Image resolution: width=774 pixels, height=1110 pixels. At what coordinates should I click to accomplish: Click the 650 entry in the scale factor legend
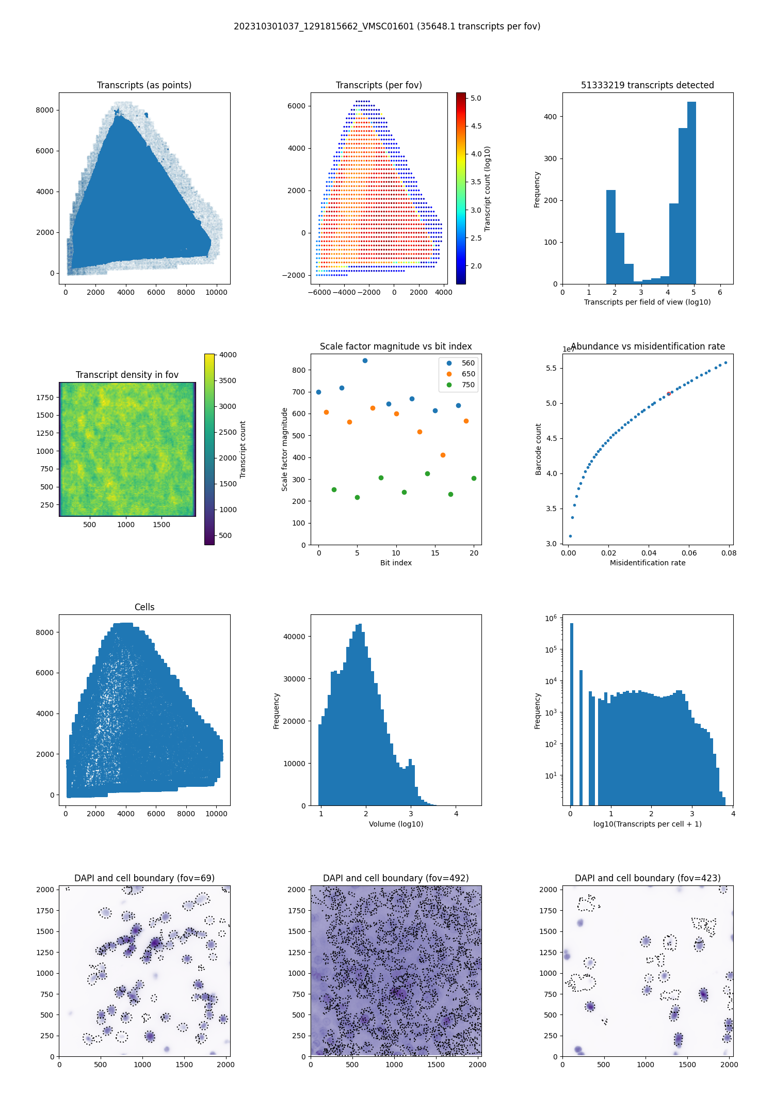tap(468, 374)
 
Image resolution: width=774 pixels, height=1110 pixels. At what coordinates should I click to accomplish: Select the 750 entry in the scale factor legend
tap(468, 385)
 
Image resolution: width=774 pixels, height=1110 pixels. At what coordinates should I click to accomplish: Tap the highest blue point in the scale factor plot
tap(365, 360)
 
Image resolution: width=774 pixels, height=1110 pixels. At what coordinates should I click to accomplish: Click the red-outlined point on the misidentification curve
tap(669, 393)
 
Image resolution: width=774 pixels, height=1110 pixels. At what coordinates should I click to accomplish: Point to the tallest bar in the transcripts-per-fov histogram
tap(691, 193)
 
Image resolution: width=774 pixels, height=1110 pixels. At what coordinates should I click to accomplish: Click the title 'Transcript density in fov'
tap(127, 375)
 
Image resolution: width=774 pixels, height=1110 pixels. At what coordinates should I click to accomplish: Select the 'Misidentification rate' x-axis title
tap(648, 563)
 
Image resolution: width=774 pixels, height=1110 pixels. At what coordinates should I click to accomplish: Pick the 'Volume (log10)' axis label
tap(396, 824)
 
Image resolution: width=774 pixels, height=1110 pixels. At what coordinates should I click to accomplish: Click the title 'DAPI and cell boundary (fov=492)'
tap(396, 878)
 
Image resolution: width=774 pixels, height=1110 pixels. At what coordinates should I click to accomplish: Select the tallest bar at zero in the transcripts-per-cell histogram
tap(571, 712)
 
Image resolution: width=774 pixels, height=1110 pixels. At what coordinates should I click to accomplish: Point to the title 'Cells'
tap(144, 607)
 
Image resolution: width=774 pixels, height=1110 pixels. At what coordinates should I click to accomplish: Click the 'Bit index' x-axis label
tap(396, 563)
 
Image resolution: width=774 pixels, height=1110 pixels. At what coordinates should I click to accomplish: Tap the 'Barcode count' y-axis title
tap(538, 449)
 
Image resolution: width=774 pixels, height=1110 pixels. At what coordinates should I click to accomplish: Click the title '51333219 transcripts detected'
tap(648, 85)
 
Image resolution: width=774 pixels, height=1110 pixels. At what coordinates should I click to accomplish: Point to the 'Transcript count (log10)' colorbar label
tap(487, 188)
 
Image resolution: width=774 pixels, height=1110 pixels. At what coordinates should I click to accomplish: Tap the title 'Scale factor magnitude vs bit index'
tap(396, 346)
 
